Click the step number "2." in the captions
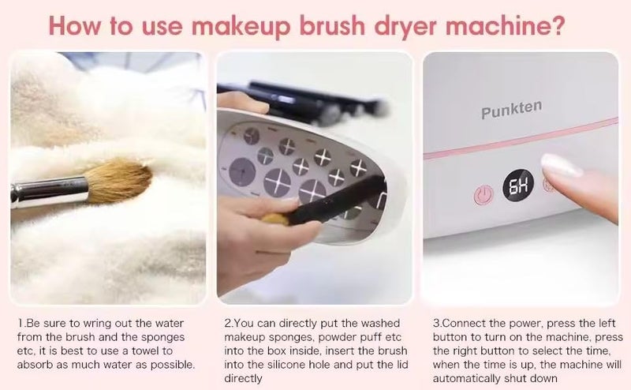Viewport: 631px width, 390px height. click(229, 324)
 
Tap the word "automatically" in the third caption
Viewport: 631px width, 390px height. click(468, 377)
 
